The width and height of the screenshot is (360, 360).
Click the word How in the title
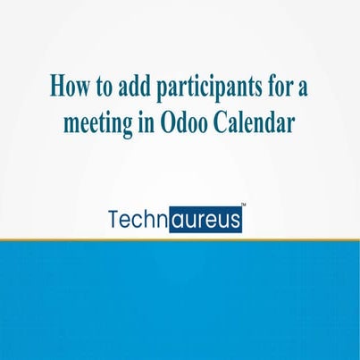pos(68,88)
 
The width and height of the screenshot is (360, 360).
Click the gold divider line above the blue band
pos(180,239)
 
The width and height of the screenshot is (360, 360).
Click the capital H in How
pos(56,88)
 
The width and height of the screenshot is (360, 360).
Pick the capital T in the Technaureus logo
pos(115,220)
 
